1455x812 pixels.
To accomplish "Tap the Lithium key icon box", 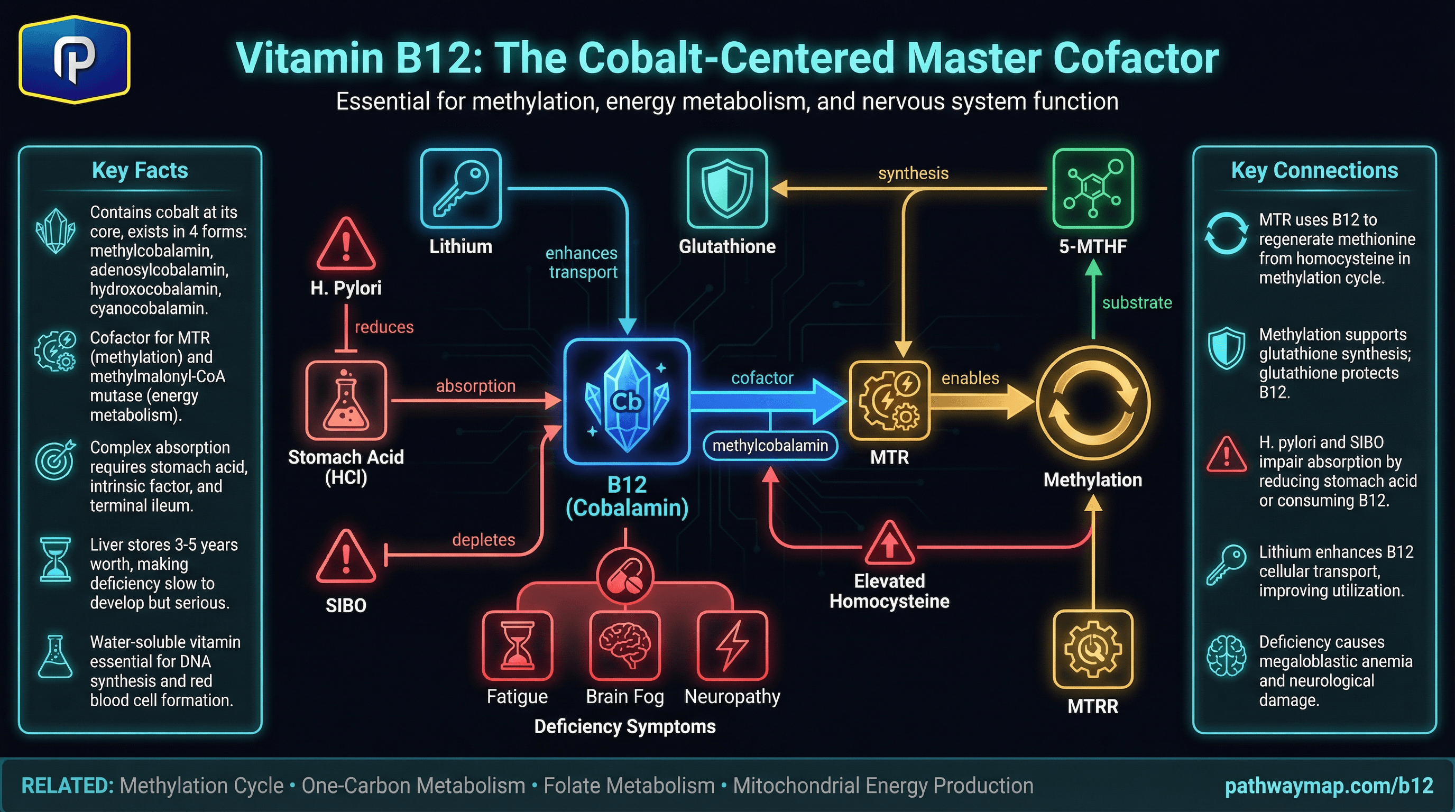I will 461,189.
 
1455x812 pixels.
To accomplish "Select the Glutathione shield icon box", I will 727,189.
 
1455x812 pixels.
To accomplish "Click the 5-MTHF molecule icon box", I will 1093,189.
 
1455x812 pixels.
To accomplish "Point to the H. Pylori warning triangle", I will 346,246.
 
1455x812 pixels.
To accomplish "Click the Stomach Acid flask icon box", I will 346,400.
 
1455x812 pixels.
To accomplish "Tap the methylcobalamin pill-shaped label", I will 770,446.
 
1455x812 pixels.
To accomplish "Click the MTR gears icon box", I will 890,400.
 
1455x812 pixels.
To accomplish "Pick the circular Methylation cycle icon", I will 1093,403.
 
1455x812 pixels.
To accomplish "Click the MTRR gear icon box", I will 1093,649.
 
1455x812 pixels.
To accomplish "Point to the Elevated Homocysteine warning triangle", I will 890,545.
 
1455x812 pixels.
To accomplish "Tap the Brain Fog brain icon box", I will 625,646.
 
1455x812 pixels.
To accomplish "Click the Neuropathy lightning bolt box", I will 733,646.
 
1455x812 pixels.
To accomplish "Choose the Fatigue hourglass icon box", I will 518,646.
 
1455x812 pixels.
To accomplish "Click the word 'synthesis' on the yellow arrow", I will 913,173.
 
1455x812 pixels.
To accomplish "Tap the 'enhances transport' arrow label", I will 582,262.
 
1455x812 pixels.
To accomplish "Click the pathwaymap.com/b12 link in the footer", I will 1329,786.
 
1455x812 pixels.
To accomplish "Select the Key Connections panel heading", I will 1314,170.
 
